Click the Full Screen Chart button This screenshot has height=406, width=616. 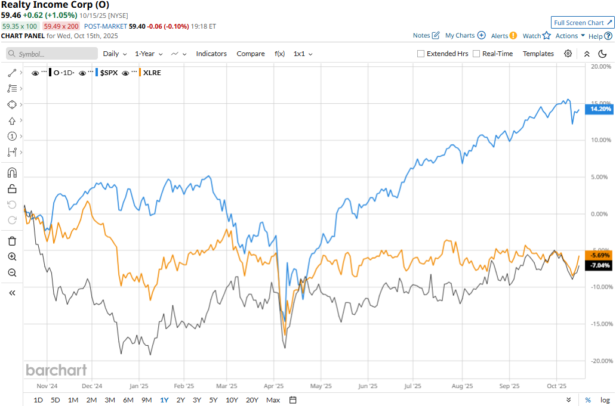click(x=583, y=23)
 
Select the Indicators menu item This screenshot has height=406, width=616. click(x=211, y=54)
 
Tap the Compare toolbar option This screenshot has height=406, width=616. click(x=251, y=54)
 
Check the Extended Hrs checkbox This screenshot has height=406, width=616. click(x=421, y=54)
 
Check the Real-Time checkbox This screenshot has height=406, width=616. click(x=476, y=54)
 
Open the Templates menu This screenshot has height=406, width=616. click(x=538, y=54)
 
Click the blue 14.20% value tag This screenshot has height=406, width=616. click(x=600, y=109)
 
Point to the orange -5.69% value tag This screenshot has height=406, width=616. click(x=600, y=255)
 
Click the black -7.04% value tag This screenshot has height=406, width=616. click(x=600, y=265)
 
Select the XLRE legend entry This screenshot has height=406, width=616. click(x=152, y=73)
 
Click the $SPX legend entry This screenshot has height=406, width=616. click(x=108, y=73)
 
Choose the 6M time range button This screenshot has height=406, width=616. click(x=128, y=400)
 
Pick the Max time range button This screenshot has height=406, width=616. click(x=273, y=400)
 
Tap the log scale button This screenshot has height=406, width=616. click(x=605, y=400)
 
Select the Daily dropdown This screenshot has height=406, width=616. click(x=115, y=54)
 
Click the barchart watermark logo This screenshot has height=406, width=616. click(x=56, y=370)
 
